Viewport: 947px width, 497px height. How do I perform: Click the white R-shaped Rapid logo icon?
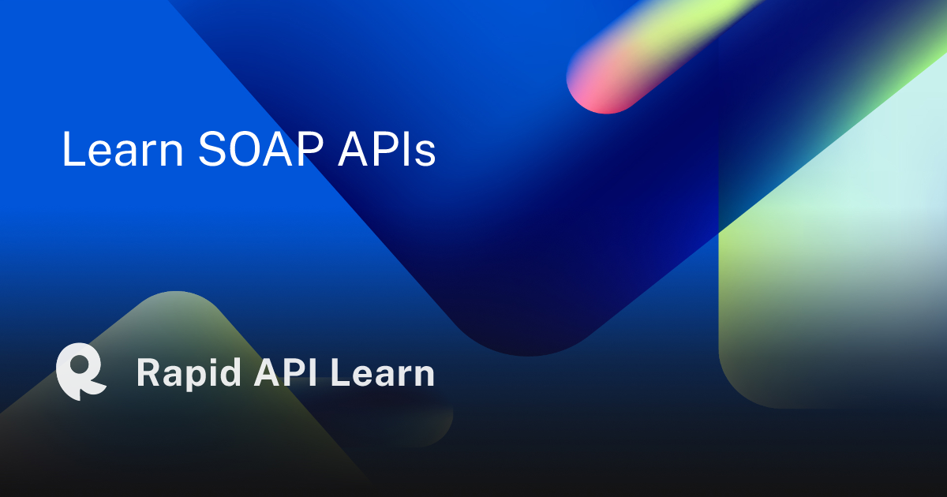[80, 372]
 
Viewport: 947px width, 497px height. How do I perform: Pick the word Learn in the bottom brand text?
[382, 372]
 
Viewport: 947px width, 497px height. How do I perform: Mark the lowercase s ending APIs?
[426, 153]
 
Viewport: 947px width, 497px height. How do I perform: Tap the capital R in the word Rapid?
[148, 372]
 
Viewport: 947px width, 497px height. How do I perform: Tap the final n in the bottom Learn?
[424, 376]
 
